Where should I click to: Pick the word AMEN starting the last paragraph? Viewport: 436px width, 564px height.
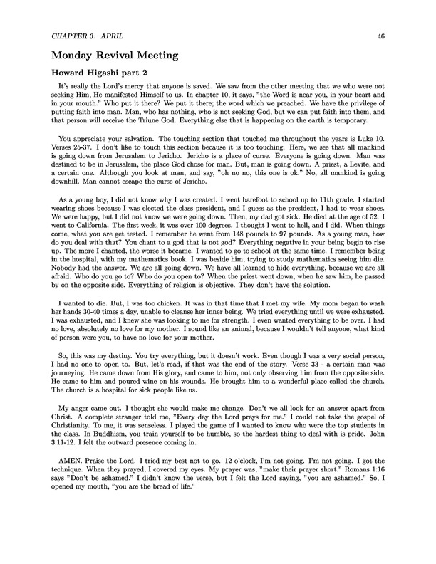tap(65, 507)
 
